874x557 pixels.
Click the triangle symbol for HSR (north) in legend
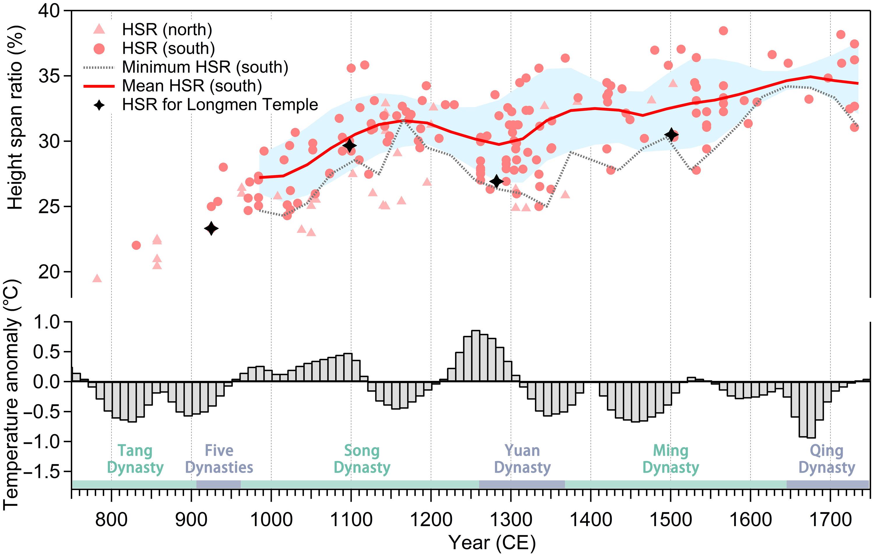(99, 29)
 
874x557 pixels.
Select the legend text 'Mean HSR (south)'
(192, 86)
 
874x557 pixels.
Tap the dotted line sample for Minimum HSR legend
(99, 67)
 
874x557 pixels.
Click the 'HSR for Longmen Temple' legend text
(220, 105)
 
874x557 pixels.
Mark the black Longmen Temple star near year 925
(211, 228)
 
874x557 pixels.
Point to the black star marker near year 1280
(496, 181)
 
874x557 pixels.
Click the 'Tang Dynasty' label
(135, 459)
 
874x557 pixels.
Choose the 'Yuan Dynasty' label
(522, 459)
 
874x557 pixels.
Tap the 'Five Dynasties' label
(219, 459)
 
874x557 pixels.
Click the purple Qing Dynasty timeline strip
(828, 484)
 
